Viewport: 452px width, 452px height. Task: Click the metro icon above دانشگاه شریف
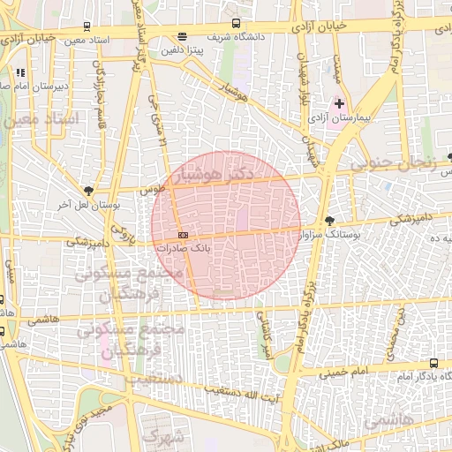[x=236, y=23]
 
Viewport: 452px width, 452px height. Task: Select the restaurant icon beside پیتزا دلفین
[x=182, y=37]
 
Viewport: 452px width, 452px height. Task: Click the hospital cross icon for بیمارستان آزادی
[x=339, y=104]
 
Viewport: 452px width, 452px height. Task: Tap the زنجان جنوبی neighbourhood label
[x=394, y=162]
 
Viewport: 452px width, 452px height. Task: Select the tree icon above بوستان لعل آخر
[x=88, y=190]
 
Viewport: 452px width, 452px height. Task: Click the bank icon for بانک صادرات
[x=183, y=235]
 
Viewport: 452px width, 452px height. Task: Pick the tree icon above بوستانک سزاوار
[x=330, y=221]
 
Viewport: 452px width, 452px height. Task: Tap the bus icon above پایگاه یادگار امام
[x=433, y=363]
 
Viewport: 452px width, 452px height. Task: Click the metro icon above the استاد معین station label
[x=86, y=26]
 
